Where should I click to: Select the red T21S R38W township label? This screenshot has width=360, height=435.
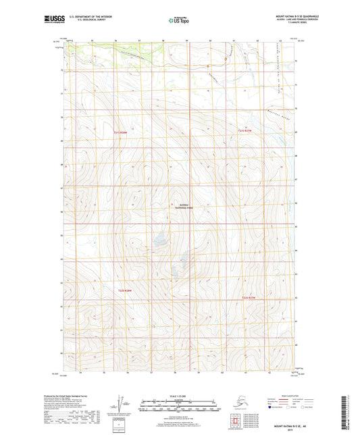[119, 132]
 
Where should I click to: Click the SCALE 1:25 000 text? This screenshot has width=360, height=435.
[178, 394]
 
